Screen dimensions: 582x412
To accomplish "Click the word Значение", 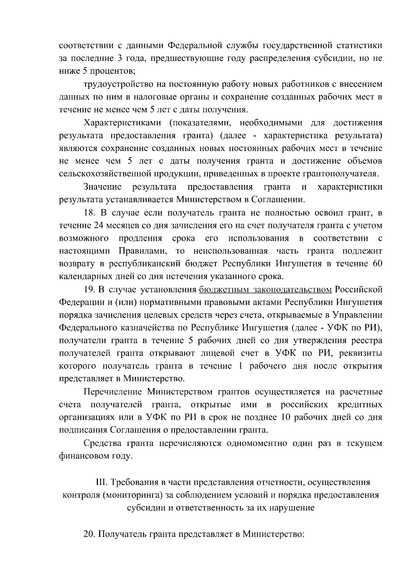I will click(103, 187).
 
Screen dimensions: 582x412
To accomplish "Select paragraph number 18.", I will click(90, 213).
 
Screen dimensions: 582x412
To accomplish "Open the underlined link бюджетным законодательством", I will click(265, 289).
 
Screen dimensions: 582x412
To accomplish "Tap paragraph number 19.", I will click(90, 289).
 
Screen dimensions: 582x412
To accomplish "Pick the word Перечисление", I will click(113, 392).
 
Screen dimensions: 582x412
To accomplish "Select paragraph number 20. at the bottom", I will click(90, 534).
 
